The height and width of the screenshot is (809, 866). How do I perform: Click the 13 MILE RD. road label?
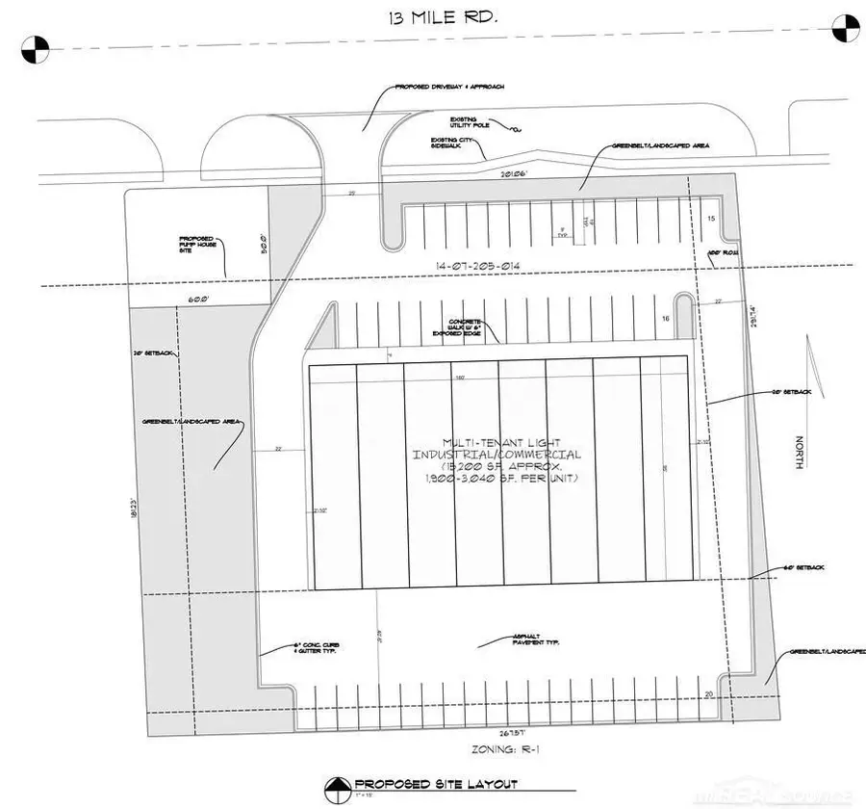coord(424,19)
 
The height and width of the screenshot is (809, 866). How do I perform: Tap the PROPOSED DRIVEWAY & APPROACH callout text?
coord(449,87)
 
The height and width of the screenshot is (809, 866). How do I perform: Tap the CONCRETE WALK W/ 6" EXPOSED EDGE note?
coord(471,326)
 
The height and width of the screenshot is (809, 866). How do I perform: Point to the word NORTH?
coord(798,453)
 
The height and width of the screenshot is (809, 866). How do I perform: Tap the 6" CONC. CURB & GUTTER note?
coord(318,648)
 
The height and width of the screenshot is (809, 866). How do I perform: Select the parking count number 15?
coord(711,220)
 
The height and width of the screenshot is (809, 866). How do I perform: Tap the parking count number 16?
coord(664,318)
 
